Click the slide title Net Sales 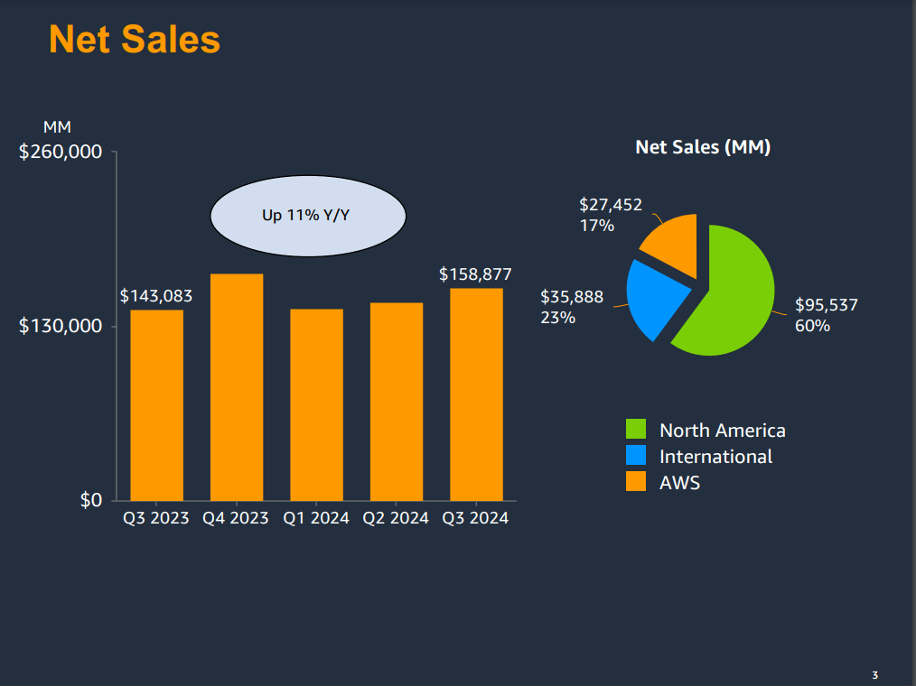pos(135,40)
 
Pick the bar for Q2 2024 pos(397,401)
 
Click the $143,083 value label pos(156,296)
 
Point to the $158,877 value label pos(475,273)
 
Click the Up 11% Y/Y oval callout pos(308,216)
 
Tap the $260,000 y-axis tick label pos(61,152)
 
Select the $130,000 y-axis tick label pos(61,326)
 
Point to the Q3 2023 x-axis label pos(156,519)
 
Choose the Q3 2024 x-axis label pos(475,519)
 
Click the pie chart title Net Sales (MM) pos(703,147)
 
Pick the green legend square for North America pos(637,430)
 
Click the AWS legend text pos(679,483)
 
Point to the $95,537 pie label pos(826,305)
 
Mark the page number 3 pos(874,675)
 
